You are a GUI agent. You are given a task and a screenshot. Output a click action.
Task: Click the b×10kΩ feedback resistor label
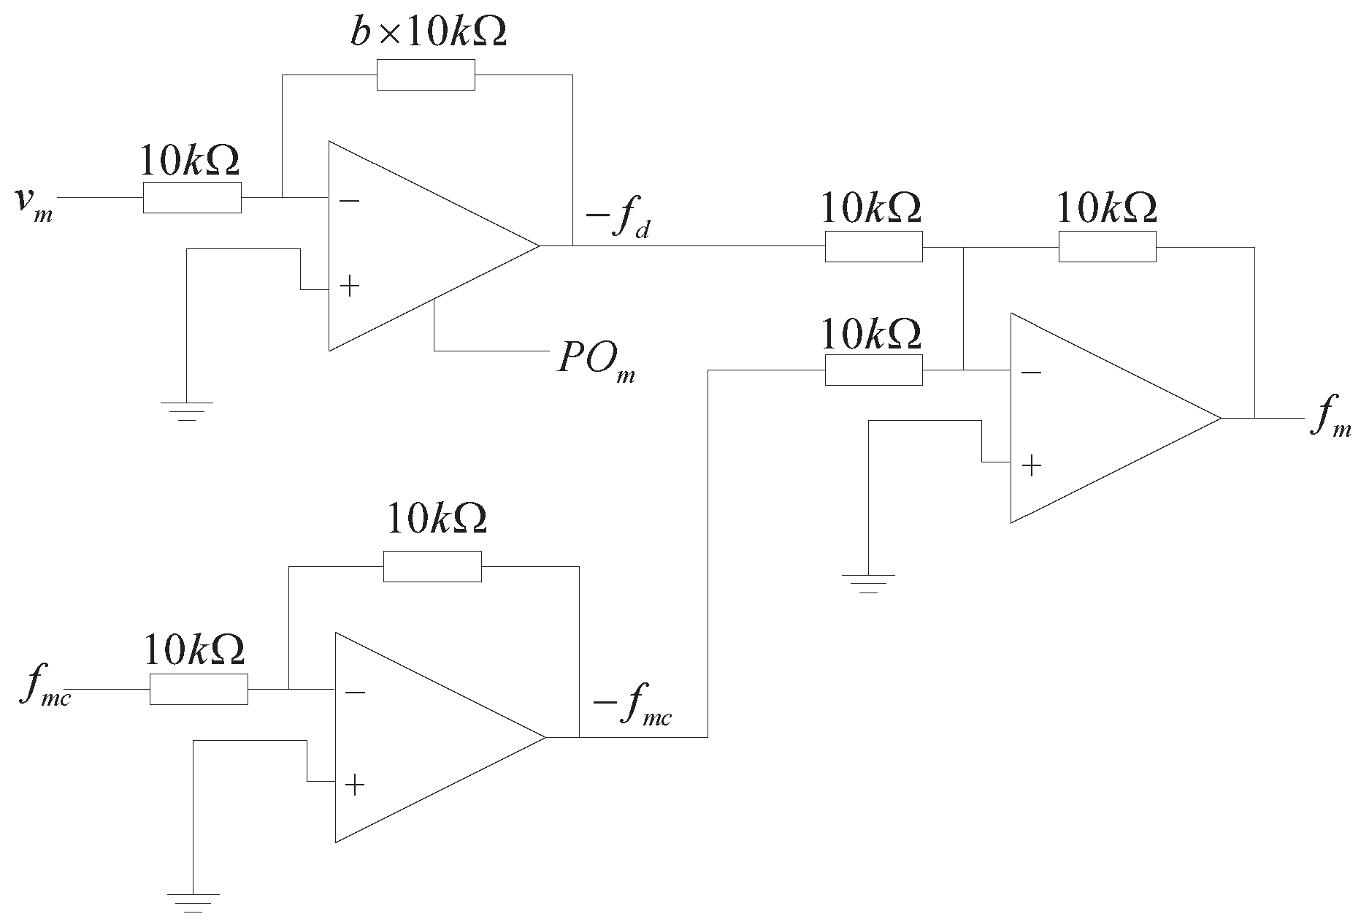tap(428, 33)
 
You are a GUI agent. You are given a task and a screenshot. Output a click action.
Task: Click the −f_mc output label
tap(632, 709)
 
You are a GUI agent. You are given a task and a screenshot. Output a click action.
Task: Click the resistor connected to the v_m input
tap(192, 198)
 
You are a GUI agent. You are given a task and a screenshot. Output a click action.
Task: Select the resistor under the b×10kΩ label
tap(426, 75)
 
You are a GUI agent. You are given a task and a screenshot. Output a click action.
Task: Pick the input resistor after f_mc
tap(199, 689)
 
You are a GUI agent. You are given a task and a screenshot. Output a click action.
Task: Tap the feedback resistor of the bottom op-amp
tap(432, 566)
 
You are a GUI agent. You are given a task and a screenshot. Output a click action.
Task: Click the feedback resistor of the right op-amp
tap(1107, 246)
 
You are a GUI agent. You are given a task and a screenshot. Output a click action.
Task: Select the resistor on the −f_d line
tap(873, 246)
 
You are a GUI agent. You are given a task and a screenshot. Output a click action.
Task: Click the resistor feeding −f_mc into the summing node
tap(873, 370)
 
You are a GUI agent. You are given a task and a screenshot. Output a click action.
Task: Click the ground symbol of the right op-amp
tap(868, 583)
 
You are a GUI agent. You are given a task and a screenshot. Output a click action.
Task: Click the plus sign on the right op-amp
tap(1031, 465)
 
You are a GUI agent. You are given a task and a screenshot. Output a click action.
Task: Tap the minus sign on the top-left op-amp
tap(350, 200)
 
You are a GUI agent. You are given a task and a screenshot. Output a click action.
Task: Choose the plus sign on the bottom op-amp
tap(354, 785)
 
